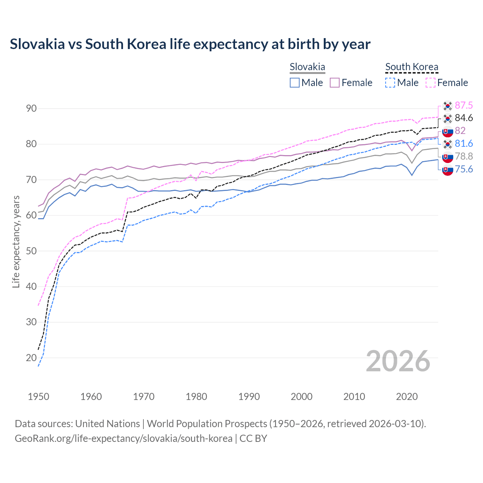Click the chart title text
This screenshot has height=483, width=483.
coord(190,44)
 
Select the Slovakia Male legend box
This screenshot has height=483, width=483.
coord(295,83)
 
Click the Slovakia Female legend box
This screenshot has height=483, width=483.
coord(335,83)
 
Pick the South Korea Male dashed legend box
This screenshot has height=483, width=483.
coord(390,83)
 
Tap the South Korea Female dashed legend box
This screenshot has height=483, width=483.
coord(431,83)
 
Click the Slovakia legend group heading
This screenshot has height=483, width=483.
coord(307,67)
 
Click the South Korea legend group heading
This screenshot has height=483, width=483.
coord(412,67)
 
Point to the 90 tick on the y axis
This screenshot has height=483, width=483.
coord(31,109)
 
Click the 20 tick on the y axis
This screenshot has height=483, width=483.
coord(31,358)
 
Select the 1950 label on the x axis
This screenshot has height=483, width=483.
coord(38,397)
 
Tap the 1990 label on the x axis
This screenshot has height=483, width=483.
coord(249,397)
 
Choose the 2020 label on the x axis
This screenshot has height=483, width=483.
coord(407,397)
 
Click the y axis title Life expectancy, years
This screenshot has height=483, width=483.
coord(16,241)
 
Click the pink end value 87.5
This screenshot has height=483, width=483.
coord(464,105)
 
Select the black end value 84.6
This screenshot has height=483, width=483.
coord(464,118)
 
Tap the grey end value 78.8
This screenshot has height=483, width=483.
coord(464,156)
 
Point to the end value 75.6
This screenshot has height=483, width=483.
coord(464,169)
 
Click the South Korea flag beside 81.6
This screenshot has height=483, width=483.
coord(448,144)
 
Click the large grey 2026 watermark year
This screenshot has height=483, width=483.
coord(398,361)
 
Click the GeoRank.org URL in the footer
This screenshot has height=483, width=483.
coord(123,438)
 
